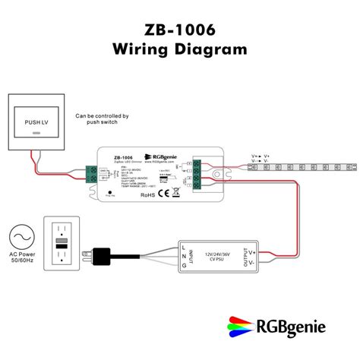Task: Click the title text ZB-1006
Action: point(179,30)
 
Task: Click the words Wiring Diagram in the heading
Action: point(179,49)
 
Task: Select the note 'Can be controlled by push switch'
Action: point(102,120)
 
